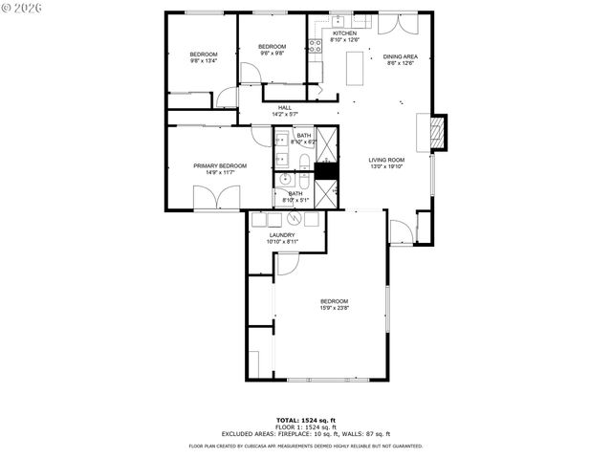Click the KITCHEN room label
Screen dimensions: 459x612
click(344, 33)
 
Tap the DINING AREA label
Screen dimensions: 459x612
click(399, 56)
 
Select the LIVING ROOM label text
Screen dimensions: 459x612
click(387, 161)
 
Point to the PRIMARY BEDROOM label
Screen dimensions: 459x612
click(220, 166)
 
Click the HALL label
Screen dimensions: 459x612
click(284, 108)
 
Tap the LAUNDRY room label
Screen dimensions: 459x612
click(281, 235)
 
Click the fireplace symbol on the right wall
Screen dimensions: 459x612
click(438, 133)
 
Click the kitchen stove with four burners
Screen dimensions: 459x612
click(315, 45)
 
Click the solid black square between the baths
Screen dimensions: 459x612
click(326, 171)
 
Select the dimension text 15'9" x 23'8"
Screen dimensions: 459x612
click(335, 308)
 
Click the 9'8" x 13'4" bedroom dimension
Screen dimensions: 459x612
click(203, 60)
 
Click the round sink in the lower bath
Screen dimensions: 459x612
click(286, 179)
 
